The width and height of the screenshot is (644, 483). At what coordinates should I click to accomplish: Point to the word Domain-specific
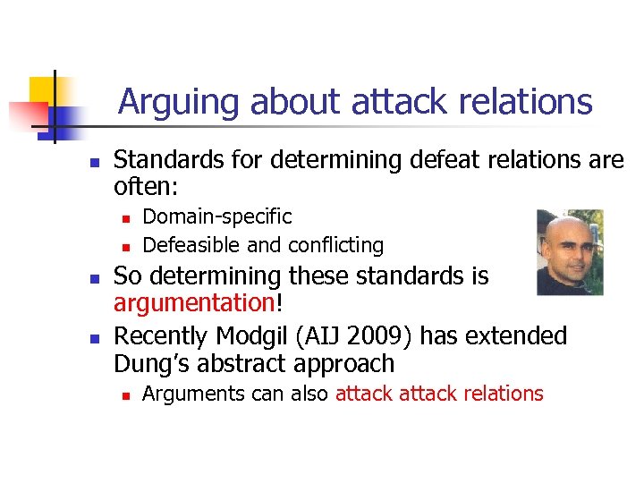coord(217,216)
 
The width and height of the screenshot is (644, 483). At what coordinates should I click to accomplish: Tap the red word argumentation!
coord(198,304)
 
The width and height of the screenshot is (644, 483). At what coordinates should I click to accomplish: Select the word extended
coord(516,336)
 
